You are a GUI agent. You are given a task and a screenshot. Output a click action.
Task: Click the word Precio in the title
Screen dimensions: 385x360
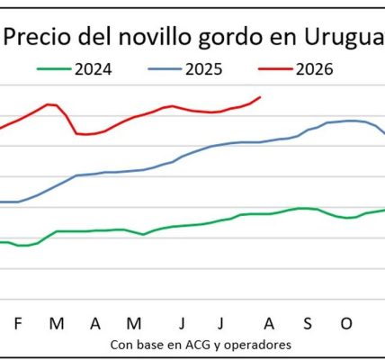point(37,37)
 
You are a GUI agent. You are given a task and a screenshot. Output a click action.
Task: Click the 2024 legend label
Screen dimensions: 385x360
point(94,69)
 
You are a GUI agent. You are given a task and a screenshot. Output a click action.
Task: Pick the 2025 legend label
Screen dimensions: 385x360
point(204,69)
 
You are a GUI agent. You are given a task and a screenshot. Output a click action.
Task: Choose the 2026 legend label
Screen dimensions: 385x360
point(315,69)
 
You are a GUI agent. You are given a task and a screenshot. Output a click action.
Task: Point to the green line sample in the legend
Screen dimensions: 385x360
point(54,69)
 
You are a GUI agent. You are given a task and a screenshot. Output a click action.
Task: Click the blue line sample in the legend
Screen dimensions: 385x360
point(165,69)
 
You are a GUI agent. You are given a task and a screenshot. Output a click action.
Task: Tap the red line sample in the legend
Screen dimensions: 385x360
point(275,69)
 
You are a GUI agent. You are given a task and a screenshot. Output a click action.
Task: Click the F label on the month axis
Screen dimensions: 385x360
point(18,324)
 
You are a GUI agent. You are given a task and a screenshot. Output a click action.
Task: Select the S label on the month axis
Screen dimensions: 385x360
point(308,324)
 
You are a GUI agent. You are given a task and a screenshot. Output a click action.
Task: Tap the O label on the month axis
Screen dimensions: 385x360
point(346,324)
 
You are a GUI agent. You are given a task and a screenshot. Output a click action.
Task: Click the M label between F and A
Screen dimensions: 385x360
point(57,324)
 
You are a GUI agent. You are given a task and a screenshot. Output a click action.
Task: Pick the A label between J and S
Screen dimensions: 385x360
point(269,324)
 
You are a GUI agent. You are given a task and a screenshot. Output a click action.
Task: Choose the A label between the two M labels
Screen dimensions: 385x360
point(95,324)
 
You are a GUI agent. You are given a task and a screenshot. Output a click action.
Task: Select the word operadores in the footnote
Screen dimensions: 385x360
point(257,345)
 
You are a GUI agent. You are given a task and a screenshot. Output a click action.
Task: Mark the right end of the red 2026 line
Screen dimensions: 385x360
point(260,97)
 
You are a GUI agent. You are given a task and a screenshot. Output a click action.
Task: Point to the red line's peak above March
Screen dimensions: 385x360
point(48,104)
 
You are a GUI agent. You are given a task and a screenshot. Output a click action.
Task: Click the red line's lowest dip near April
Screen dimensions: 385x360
point(85,134)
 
